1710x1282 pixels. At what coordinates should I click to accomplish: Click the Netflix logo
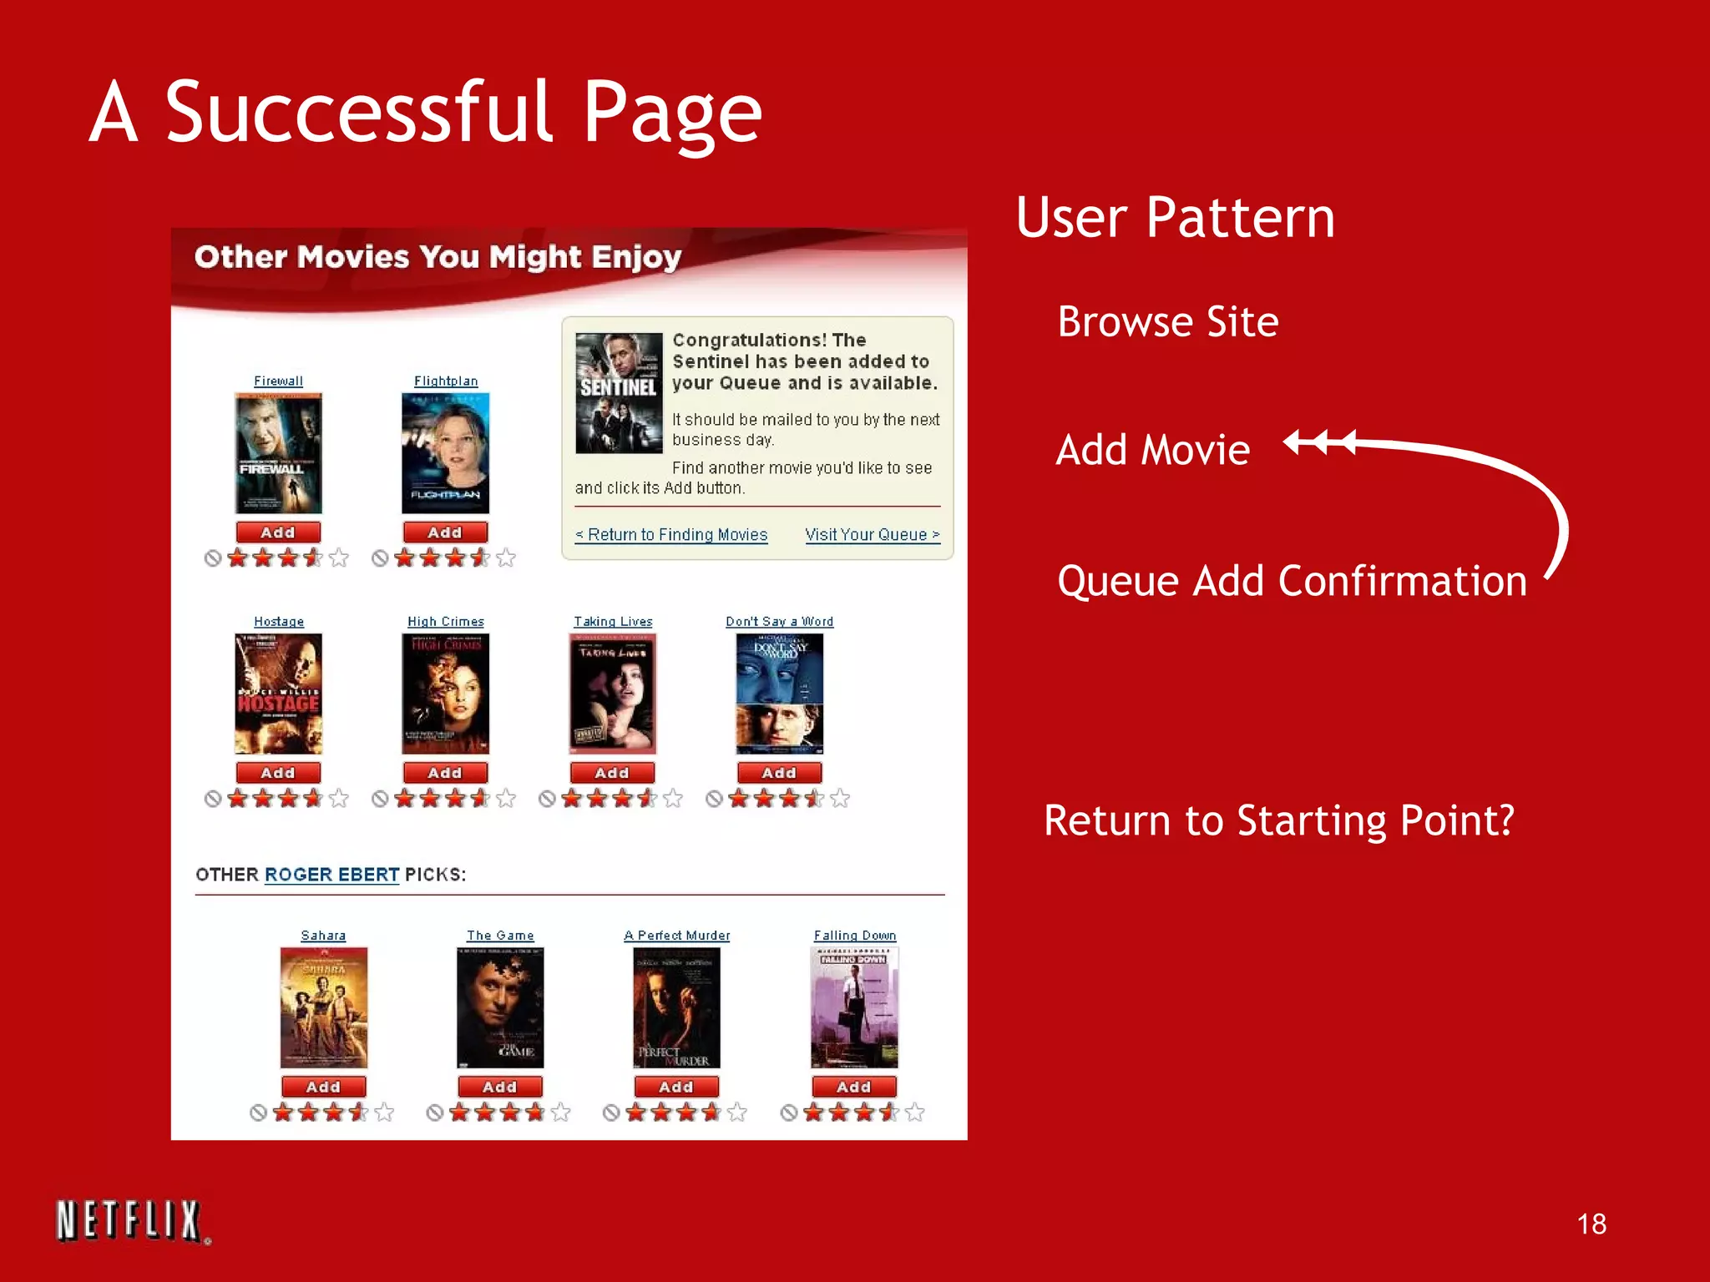coord(129,1221)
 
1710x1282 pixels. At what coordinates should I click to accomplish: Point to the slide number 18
coord(1591,1224)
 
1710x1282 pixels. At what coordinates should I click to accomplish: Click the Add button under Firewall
coord(278,532)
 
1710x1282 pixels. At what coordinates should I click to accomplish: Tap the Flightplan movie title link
coord(446,381)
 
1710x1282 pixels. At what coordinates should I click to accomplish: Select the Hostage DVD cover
coord(278,694)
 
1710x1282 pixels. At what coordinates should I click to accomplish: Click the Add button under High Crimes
coord(445,773)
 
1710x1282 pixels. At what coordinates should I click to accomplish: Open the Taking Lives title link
coord(613,622)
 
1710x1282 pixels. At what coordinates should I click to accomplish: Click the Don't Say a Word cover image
coord(779,694)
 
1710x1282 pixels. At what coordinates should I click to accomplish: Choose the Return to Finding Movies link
coord(671,535)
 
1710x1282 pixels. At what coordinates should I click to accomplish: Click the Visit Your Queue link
coord(873,535)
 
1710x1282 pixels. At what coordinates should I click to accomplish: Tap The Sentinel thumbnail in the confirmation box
coord(619,393)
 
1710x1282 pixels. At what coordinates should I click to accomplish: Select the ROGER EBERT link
coord(331,875)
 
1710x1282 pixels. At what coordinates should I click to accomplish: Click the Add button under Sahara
coord(323,1087)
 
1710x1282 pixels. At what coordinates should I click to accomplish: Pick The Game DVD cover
coord(500,1007)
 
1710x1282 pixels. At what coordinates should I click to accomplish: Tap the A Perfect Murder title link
coord(676,936)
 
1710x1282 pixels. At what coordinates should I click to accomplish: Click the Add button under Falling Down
coord(854,1087)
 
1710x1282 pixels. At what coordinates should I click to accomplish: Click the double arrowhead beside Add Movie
coord(1319,442)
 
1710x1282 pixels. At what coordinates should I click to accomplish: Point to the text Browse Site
coord(1167,322)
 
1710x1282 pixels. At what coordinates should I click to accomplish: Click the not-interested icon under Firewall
coord(213,558)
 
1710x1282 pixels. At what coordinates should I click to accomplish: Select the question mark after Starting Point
coord(1505,820)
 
